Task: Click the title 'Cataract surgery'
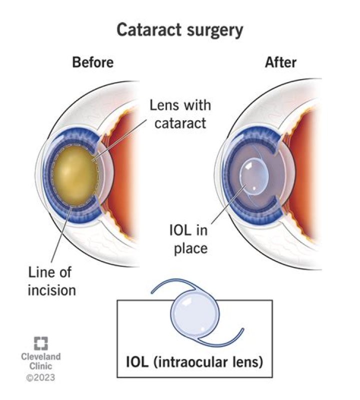pyautogui.click(x=179, y=31)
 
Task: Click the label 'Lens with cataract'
pyautogui.click(x=180, y=114)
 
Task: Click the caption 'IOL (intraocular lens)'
pyautogui.click(x=194, y=361)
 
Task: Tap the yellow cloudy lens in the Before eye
pyautogui.click(x=75, y=175)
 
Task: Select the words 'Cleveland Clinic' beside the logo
pyautogui.click(x=40, y=361)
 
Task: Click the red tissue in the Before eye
pyautogui.click(x=122, y=165)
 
